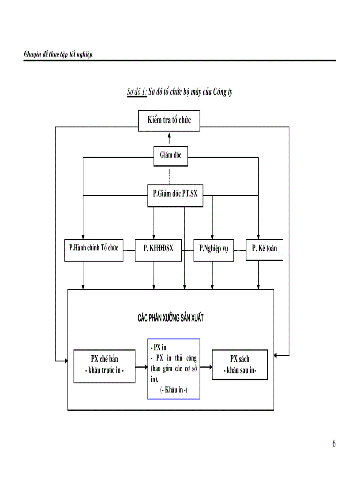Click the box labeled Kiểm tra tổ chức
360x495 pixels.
169,121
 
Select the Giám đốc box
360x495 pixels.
169,155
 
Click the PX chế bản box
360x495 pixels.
105,365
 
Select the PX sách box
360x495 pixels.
240,365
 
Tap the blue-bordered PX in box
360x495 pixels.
173,368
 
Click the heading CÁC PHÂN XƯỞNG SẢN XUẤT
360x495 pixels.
171,318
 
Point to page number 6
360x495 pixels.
334,444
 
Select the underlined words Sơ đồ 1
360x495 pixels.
137,93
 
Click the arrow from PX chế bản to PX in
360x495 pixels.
141,366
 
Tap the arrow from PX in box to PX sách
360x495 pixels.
206,366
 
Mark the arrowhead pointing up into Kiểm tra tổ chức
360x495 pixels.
169,135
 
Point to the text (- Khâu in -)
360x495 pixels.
174,390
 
